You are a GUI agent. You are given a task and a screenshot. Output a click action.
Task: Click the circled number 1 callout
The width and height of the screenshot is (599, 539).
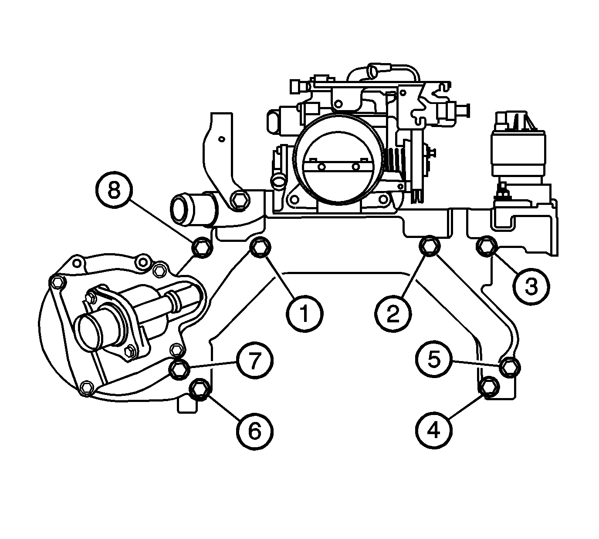(x=305, y=314)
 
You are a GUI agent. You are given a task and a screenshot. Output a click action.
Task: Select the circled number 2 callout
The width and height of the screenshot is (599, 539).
(x=393, y=314)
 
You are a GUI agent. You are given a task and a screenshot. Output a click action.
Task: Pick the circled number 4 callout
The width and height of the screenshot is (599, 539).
(x=434, y=430)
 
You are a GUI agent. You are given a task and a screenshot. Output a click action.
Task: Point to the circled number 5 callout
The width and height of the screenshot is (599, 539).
(x=434, y=359)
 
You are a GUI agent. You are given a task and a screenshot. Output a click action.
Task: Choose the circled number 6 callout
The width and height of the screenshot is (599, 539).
(x=255, y=432)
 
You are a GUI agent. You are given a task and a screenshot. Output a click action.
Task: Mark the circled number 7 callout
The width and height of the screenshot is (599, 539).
(x=255, y=360)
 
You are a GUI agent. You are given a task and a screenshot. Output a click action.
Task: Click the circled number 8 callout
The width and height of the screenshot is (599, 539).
(x=114, y=190)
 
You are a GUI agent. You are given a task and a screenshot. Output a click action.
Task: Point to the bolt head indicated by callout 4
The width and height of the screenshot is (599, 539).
(x=489, y=388)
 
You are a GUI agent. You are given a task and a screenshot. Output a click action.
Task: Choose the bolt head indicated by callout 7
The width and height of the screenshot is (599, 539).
(x=179, y=369)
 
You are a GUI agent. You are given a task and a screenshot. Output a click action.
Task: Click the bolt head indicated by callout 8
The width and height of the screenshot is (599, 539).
(x=202, y=247)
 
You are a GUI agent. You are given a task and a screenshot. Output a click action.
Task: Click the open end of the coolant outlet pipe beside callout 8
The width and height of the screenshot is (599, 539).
(x=181, y=209)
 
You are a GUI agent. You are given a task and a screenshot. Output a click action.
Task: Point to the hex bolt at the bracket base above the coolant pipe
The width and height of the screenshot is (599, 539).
(x=240, y=201)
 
